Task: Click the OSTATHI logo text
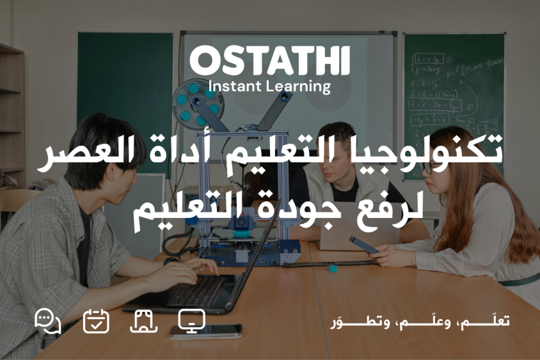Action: click(269, 61)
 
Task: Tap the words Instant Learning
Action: click(269, 86)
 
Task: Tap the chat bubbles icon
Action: click(47, 321)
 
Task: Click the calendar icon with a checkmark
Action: click(96, 321)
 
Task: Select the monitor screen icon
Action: click(191, 320)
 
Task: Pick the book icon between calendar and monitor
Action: click(143, 321)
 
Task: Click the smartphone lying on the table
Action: click(206, 331)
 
